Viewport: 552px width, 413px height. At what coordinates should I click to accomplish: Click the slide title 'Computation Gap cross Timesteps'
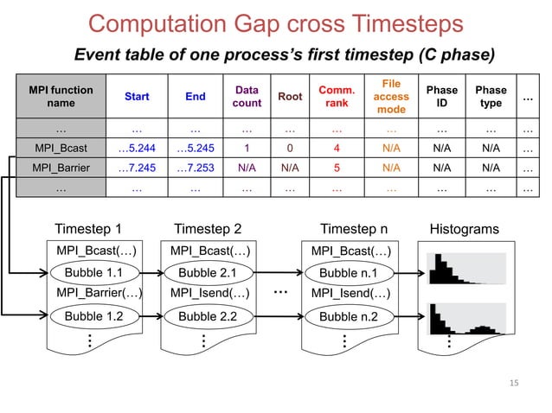click(276, 23)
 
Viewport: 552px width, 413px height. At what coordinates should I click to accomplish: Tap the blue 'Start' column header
click(137, 97)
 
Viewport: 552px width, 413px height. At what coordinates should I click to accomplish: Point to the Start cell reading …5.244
click(137, 147)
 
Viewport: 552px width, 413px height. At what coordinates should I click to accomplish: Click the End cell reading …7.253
click(196, 167)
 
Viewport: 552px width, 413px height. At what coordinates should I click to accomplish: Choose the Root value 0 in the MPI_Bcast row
click(290, 147)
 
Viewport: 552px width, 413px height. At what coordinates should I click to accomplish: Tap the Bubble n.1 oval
click(349, 273)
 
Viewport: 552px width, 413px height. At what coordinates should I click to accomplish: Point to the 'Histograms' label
click(464, 230)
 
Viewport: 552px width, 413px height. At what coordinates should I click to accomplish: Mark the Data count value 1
click(247, 147)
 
